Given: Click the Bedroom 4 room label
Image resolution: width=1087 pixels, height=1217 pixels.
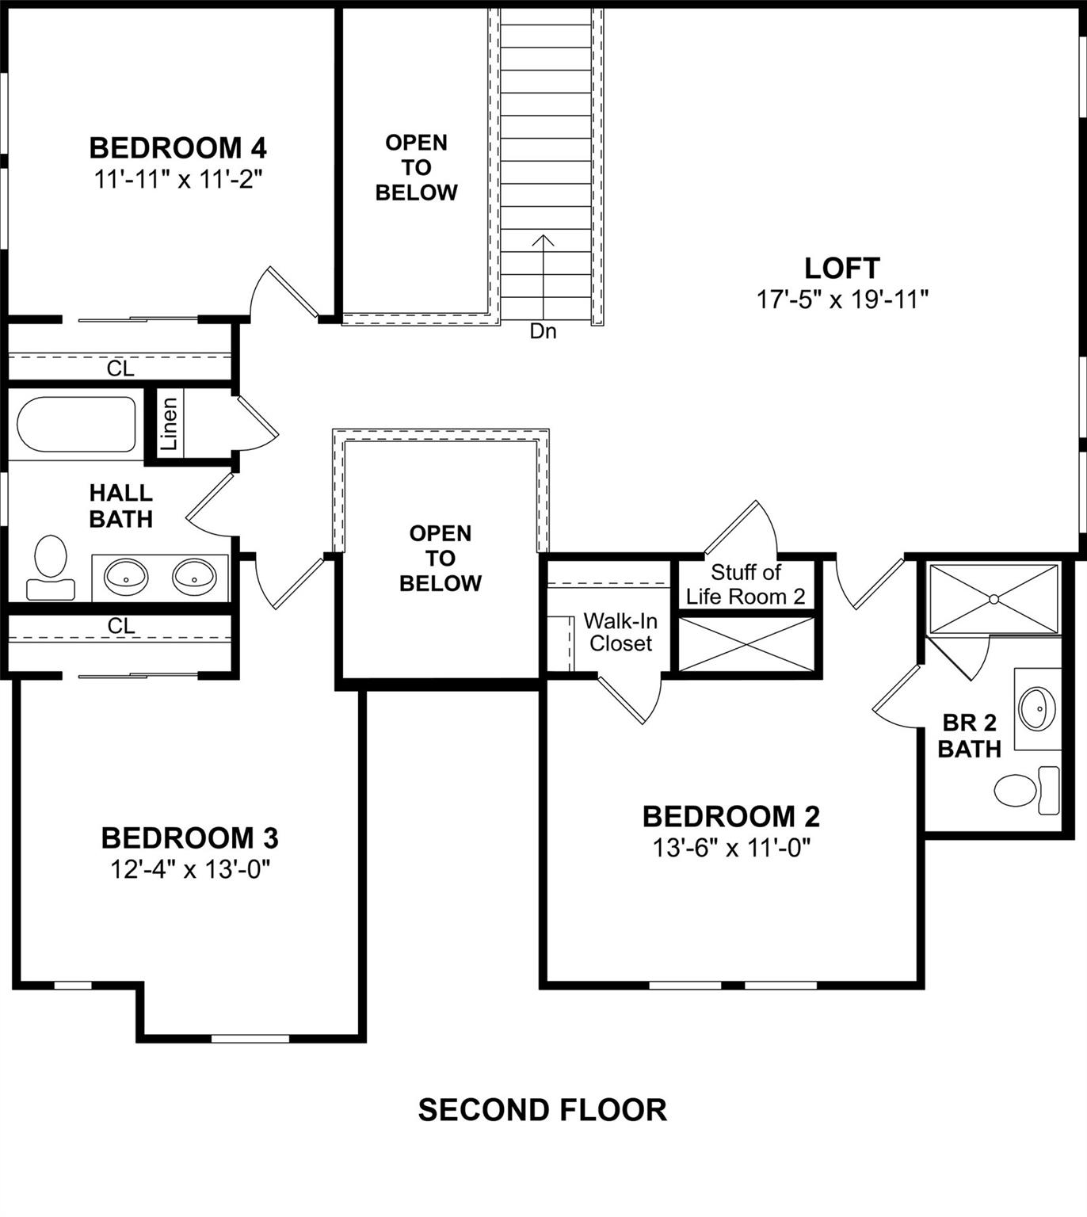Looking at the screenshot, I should point(177,148).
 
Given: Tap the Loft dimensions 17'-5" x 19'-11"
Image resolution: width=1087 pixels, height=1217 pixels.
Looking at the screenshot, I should point(842,299).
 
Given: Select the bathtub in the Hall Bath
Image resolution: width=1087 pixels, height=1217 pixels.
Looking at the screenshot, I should point(76,424).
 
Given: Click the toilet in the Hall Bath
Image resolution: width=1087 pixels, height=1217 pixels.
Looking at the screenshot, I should point(51,567).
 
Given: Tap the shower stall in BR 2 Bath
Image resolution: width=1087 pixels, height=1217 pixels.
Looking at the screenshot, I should point(994,599).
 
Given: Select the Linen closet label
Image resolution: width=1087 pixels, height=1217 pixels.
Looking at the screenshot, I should point(170,423).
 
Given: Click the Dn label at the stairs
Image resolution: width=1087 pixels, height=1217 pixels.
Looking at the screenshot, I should point(543,331).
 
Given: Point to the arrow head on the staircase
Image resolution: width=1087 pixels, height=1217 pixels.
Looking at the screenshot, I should point(543,238).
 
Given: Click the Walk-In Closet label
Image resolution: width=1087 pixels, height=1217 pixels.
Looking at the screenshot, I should point(620,631).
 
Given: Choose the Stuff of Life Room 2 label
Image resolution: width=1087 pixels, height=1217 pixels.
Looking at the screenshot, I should point(745,584).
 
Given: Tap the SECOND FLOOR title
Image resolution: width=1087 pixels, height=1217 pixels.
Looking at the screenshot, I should point(542,1110).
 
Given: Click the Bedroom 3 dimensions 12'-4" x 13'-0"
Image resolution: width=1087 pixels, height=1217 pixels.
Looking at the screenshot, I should point(190,870).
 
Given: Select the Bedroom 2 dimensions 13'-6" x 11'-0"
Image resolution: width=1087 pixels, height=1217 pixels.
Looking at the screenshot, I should point(730,849).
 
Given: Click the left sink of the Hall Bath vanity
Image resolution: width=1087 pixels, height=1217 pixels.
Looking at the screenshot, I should point(126,576).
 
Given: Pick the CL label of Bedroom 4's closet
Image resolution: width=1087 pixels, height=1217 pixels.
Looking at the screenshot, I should point(120,368).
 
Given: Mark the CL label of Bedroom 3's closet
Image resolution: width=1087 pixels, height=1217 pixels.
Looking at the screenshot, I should point(120,626).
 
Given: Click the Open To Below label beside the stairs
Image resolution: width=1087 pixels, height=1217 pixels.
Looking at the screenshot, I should point(416,167).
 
